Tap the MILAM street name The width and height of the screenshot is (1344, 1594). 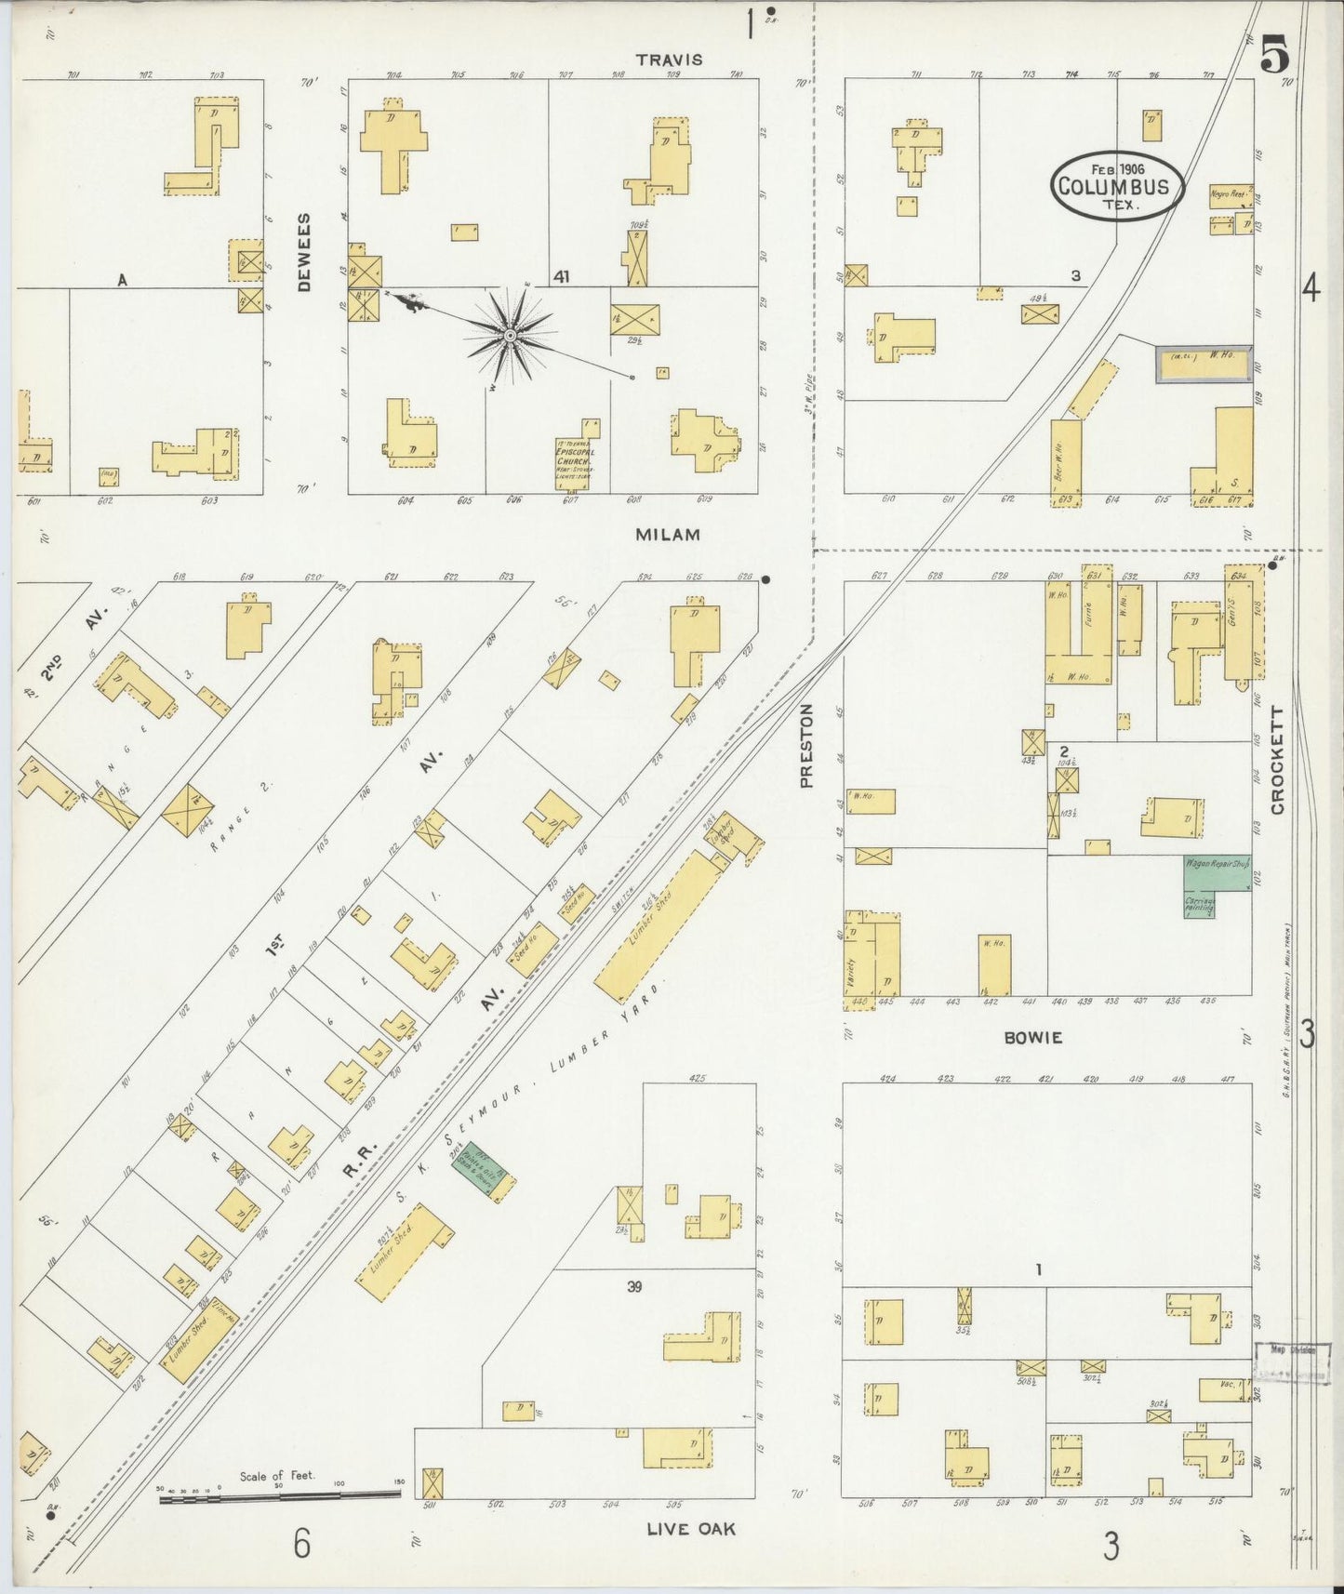pos(668,535)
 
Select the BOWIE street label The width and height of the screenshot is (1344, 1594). pos(1032,1038)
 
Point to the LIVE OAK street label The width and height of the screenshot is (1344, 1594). pos(691,1528)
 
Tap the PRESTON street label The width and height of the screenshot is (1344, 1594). pos(806,745)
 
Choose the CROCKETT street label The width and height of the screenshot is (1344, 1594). pos(1277,760)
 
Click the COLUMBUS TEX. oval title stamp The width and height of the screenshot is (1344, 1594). pos(1118,187)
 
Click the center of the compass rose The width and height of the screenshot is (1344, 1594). pos(510,334)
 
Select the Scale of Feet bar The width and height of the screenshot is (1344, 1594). pos(279,1496)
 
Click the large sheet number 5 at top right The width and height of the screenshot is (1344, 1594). pos(1275,58)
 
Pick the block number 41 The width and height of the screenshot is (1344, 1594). pos(561,277)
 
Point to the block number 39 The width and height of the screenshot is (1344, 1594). pos(634,1287)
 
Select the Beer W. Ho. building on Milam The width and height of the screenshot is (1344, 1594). pos(1065,462)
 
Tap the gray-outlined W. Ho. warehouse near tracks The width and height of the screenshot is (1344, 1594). pos(1203,364)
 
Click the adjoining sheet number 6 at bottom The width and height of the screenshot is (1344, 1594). pos(301,1544)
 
